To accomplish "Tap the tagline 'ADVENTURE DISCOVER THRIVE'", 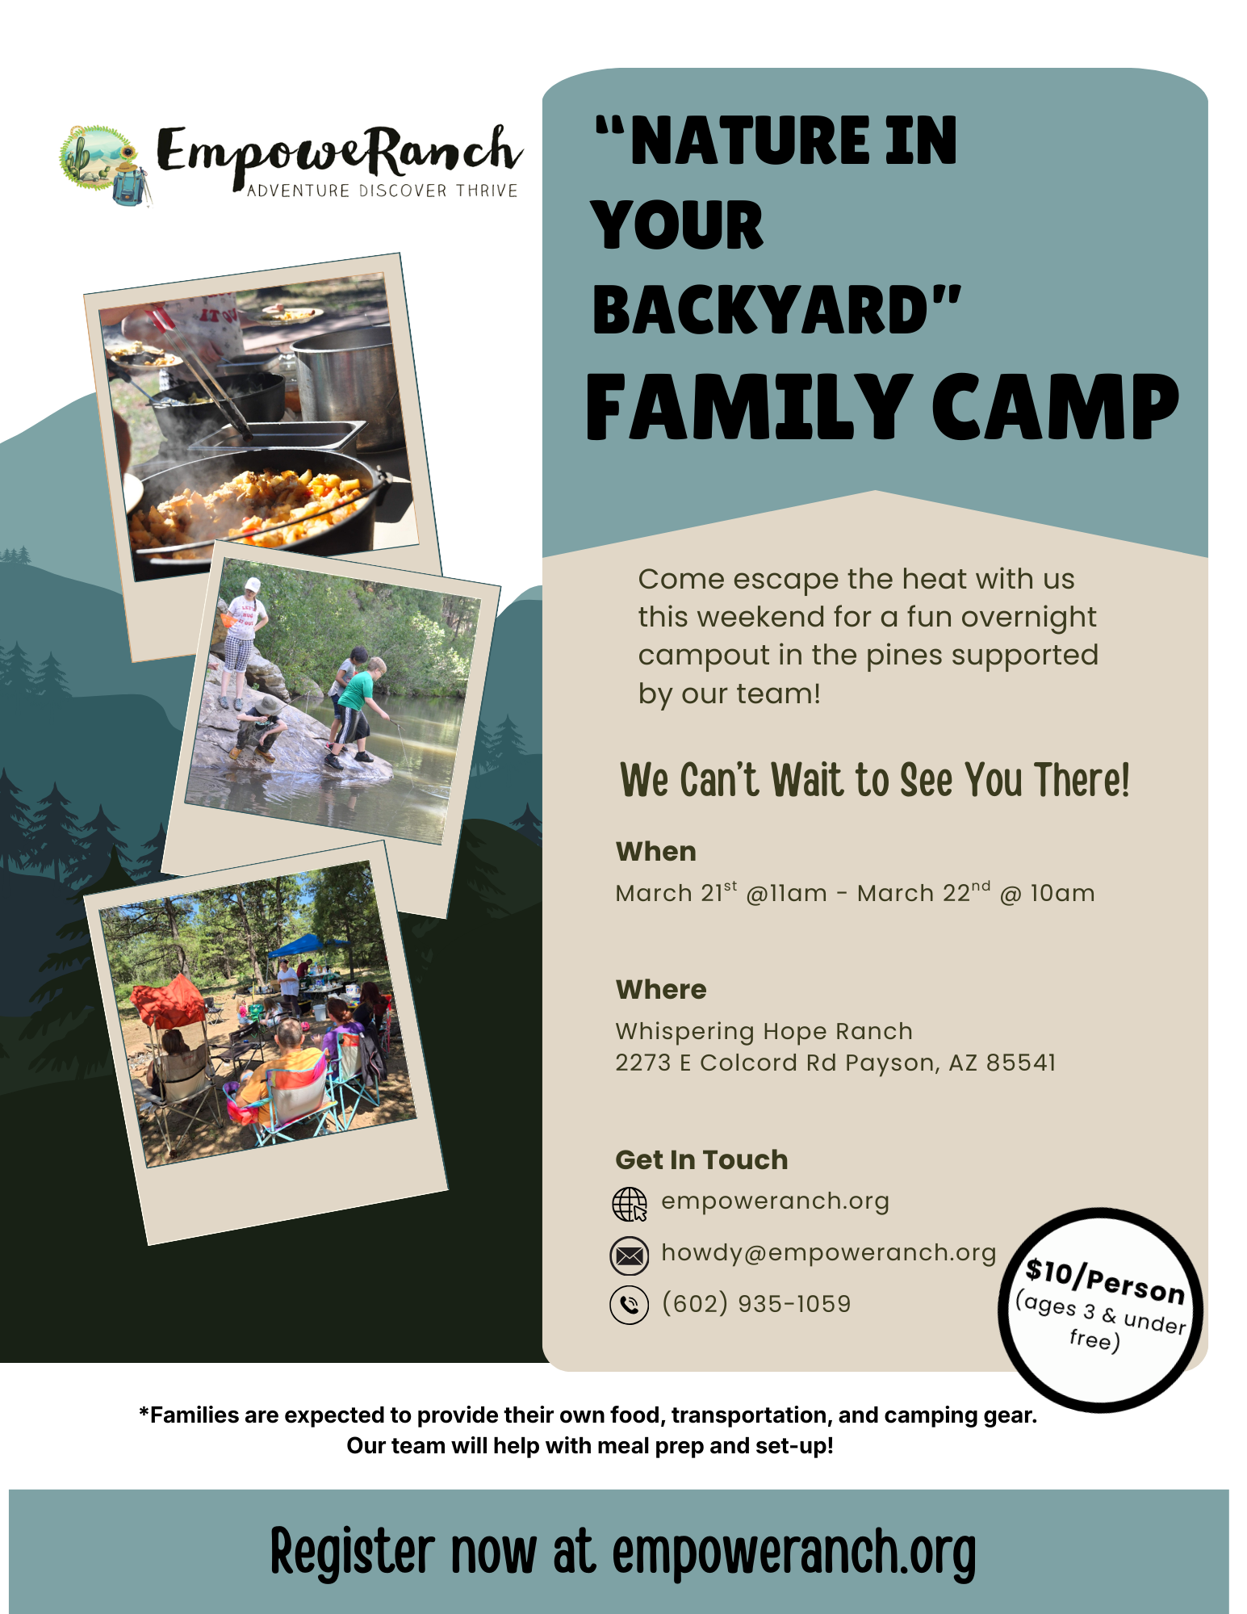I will (x=382, y=191).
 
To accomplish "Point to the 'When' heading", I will (x=655, y=852).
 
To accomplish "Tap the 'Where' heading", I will (x=660, y=990).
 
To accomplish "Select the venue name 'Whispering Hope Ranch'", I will (x=764, y=1031).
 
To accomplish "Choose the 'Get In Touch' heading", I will (x=701, y=1160).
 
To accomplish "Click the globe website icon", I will (x=630, y=1205).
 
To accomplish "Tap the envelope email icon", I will (x=630, y=1256).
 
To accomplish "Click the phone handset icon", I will (x=630, y=1306).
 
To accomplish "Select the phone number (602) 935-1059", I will (x=755, y=1304).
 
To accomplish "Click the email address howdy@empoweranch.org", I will (x=828, y=1252).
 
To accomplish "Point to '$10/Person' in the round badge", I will (x=1104, y=1281).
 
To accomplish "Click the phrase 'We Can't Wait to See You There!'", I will (x=874, y=781).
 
